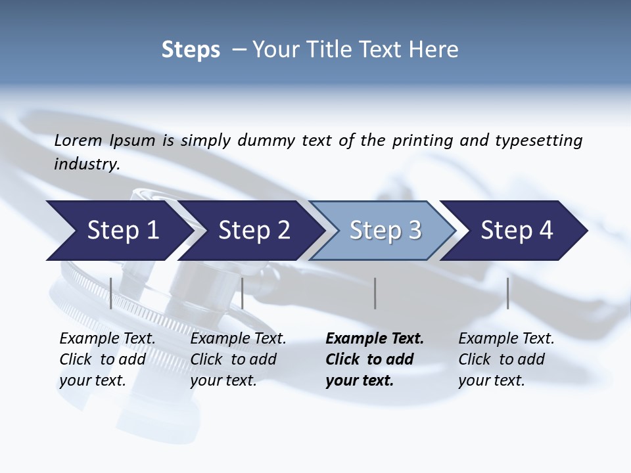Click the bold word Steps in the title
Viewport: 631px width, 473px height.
click(191, 50)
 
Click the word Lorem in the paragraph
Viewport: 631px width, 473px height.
click(78, 140)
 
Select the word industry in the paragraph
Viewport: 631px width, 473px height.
click(87, 164)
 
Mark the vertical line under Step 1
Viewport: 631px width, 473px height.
click(111, 293)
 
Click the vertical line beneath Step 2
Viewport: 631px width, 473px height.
click(243, 293)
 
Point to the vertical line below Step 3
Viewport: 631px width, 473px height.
click(375, 293)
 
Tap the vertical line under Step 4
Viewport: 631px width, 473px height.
click(507, 293)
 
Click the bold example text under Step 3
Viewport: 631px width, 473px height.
click(375, 359)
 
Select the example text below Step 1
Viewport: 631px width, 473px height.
click(107, 359)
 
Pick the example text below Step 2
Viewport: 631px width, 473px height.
click(238, 359)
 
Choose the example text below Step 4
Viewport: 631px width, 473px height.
click(506, 359)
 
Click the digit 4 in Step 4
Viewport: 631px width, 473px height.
click(546, 231)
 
